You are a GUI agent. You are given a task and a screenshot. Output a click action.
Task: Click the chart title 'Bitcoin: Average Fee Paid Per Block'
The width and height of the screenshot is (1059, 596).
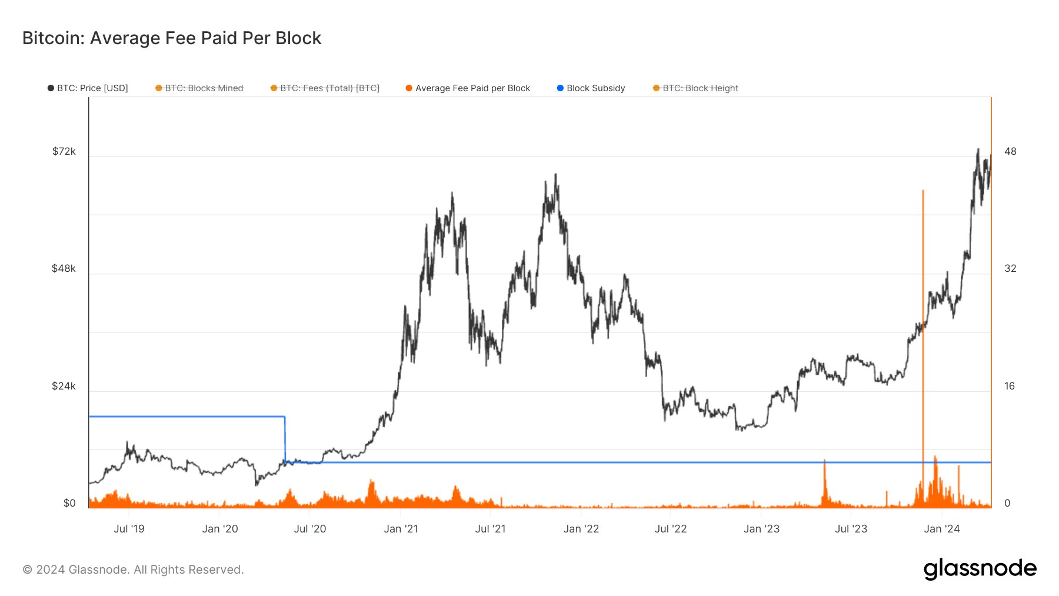click(x=171, y=38)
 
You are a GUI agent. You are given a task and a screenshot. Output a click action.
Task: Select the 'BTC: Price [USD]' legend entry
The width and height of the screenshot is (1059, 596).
click(x=88, y=88)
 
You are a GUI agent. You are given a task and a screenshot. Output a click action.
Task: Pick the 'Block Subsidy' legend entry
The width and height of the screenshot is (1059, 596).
click(x=591, y=88)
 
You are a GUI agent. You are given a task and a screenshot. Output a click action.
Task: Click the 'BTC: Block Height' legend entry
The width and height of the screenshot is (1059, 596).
click(x=695, y=88)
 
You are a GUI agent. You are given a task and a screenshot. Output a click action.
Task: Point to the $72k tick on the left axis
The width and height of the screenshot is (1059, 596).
click(x=64, y=152)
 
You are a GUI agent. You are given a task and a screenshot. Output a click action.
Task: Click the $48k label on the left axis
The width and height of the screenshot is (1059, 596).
click(x=64, y=269)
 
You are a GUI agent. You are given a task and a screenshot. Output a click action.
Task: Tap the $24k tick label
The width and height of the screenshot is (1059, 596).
click(x=64, y=387)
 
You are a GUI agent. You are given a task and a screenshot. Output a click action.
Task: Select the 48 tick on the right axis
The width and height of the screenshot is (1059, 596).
click(x=1010, y=152)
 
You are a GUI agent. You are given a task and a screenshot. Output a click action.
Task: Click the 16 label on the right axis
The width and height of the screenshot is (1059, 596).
click(x=1010, y=387)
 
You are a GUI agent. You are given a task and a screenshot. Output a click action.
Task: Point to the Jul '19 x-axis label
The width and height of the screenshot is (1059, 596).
click(x=129, y=529)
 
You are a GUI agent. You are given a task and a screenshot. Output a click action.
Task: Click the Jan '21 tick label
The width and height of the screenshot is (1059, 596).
click(x=401, y=529)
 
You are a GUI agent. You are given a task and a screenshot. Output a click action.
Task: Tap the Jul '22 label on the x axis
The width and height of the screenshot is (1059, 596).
click(x=671, y=529)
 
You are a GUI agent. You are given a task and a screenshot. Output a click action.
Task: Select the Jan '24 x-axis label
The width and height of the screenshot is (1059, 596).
click(x=941, y=529)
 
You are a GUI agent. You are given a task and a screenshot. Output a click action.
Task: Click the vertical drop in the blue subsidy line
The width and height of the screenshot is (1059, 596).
click(x=285, y=439)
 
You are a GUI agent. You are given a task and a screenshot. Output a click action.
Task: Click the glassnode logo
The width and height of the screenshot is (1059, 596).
click(x=980, y=569)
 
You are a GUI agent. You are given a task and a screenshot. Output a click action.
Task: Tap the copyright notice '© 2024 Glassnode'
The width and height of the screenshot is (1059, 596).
click(x=133, y=570)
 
